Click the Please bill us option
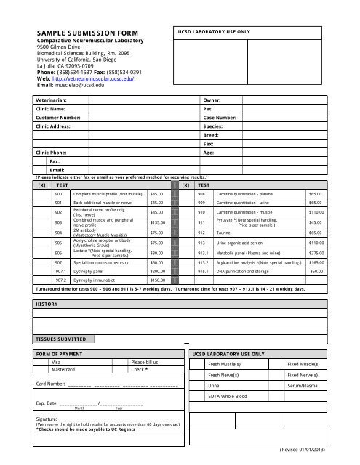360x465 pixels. click(x=144, y=361)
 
